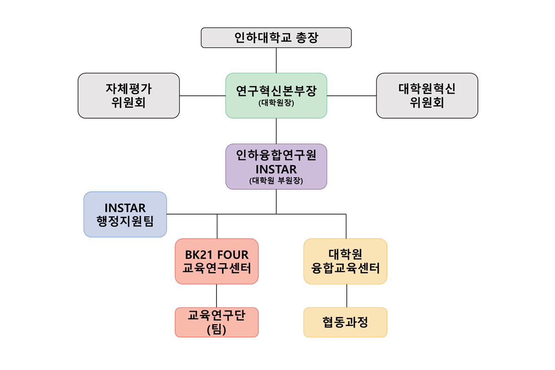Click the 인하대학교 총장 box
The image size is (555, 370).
276,37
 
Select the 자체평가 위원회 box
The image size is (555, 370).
129,95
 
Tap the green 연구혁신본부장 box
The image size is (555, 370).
276,95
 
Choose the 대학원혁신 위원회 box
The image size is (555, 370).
427,95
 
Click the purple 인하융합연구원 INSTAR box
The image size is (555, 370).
276,166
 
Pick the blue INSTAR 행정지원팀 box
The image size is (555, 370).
125,214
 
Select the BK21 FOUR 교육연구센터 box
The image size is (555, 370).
216,261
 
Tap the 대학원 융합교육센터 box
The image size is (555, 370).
345,261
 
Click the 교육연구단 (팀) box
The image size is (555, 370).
216,322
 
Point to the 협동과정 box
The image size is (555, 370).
345,322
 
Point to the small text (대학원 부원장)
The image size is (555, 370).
276,181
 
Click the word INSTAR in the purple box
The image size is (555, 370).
276,169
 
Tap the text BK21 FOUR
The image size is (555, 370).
216,254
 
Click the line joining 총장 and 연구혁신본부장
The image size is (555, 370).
276,60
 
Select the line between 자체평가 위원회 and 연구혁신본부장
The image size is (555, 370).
203,96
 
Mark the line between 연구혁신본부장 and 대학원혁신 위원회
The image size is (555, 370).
351,96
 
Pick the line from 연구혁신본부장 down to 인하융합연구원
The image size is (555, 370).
276,131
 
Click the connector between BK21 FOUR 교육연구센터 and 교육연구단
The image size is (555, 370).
216,296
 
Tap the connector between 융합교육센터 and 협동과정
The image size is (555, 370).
346,296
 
